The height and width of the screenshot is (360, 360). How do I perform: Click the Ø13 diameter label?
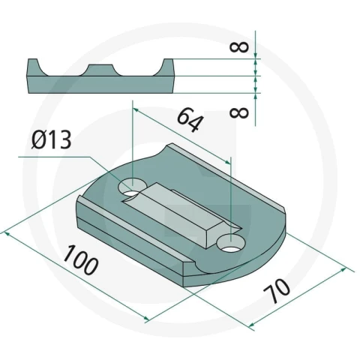pos(52,139)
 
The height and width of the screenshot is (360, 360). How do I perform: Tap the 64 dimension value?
pos(189,119)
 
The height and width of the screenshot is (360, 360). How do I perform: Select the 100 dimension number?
pos(80,259)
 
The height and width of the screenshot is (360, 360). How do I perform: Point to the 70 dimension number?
pos(277,291)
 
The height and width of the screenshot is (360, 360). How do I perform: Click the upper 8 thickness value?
pos(239,47)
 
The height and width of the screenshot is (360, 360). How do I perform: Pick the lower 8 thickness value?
pos(239,113)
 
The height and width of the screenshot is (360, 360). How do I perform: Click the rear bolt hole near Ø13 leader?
pos(132,187)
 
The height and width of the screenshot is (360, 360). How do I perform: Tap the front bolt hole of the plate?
pos(230,243)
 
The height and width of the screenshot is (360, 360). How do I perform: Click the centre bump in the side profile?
pos(100,70)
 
